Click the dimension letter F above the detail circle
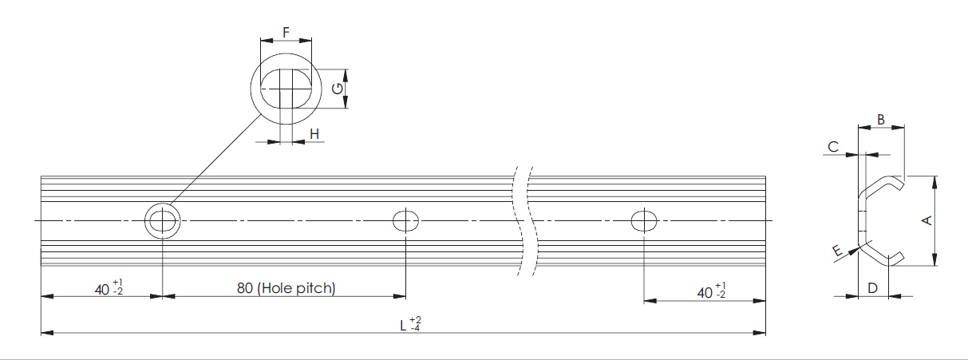285,34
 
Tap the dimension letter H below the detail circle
314,134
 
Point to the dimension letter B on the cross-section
880,119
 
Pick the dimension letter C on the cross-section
832,146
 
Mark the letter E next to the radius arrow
836,252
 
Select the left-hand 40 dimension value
101,289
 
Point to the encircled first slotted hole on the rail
162,220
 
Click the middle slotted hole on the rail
405,220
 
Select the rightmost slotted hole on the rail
644,220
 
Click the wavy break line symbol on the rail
524,220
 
